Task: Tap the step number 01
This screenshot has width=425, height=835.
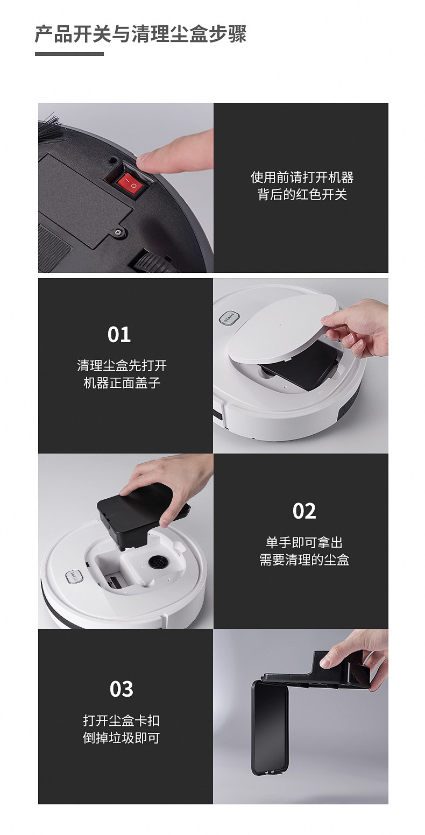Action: tap(119, 334)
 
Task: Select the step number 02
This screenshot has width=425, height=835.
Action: tap(304, 511)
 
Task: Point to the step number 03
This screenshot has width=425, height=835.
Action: tap(121, 689)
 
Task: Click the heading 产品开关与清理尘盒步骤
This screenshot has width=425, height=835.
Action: tap(140, 34)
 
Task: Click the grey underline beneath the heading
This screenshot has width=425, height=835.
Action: tap(69, 54)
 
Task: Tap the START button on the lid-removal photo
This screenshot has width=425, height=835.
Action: tap(229, 318)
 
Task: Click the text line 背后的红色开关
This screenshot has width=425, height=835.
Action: tap(302, 195)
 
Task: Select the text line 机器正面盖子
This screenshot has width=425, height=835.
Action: tap(122, 383)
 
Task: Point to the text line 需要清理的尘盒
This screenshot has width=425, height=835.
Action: tap(304, 560)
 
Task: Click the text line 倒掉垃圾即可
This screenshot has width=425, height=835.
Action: tap(121, 738)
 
